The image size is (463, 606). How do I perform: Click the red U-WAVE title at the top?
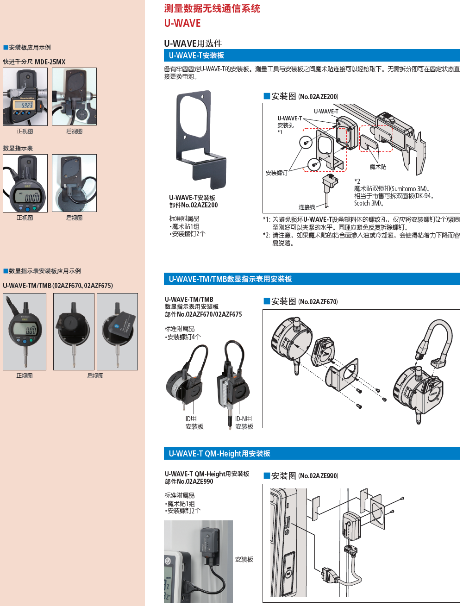click(182, 23)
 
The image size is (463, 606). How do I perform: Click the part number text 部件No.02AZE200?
click(193, 205)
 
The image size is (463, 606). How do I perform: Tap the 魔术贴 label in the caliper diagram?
click(378, 167)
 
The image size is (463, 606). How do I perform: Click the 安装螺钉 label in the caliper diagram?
click(276, 173)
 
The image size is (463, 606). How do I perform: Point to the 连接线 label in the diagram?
click(307, 207)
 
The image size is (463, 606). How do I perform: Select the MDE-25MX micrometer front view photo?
click(25, 97)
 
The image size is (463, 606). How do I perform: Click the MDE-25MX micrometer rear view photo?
click(74, 97)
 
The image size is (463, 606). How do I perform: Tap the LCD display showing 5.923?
click(24, 105)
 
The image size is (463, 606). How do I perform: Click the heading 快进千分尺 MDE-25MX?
click(34, 62)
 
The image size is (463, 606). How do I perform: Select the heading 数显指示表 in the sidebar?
click(18, 148)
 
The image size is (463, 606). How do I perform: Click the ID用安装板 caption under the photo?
click(194, 423)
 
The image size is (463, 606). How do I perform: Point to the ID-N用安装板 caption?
click(244, 423)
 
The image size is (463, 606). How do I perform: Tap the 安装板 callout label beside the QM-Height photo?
click(244, 559)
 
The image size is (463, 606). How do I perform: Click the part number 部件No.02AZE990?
click(189, 481)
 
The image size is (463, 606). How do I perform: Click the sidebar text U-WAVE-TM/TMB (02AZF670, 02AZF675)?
click(58, 286)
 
